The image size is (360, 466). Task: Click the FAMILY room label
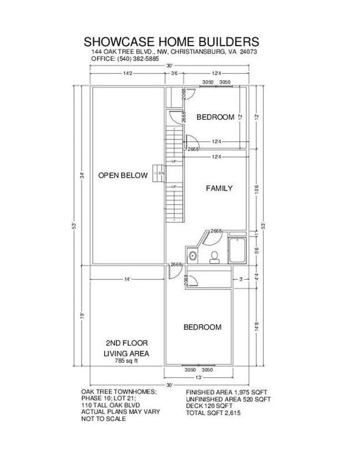click(x=219, y=188)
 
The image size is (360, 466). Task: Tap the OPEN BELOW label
click(x=123, y=176)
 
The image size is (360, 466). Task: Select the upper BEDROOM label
click(x=215, y=117)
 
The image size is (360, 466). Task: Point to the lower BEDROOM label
click(x=202, y=327)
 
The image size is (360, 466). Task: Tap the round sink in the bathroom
click(x=193, y=256)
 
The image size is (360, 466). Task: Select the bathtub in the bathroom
click(x=238, y=250)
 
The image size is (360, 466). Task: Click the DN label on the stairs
click(x=161, y=173)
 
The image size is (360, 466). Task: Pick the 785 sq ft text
click(x=126, y=361)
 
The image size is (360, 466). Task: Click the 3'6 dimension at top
click(x=174, y=73)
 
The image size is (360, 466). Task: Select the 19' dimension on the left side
click(x=81, y=315)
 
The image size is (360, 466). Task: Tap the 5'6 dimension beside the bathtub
click(x=256, y=250)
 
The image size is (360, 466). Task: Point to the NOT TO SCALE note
click(x=104, y=419)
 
